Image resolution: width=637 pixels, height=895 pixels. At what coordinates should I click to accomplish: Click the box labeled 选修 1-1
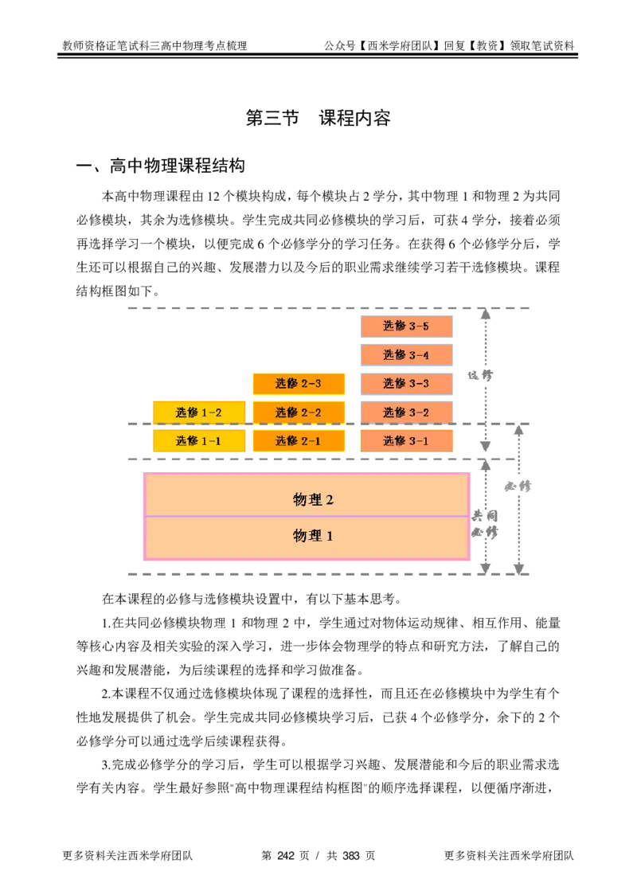coord(199,440)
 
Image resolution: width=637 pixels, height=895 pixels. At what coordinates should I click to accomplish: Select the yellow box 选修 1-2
coord(199,412)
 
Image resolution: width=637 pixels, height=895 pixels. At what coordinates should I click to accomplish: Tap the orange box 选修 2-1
coord(299,440)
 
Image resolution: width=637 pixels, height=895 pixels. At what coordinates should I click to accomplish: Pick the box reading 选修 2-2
coord(299,412)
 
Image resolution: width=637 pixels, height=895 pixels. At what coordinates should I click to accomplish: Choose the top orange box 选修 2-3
coord(299,383)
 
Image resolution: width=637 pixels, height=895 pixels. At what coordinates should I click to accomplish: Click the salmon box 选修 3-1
coord(406,440)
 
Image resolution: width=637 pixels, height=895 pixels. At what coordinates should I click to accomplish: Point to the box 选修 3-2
coord(406,412)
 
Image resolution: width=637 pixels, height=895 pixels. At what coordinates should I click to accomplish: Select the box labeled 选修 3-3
coord(406,383)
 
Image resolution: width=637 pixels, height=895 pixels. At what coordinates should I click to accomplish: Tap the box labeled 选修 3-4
coord(406,354)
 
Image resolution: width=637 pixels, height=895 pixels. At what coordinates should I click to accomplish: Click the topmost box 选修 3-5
coord(406,326)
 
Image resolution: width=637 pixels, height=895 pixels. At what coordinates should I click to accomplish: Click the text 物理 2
coord(313,499)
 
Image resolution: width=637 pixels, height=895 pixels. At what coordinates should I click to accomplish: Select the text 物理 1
coord(313,536)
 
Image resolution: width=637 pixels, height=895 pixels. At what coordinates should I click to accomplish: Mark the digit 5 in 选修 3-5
coord(425,326)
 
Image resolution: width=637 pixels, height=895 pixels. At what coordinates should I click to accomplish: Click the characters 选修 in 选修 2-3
coord(287,383)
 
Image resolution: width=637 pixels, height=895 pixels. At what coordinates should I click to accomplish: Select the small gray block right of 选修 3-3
coord(480,376)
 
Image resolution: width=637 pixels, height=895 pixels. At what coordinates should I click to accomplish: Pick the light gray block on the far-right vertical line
coord(519,487)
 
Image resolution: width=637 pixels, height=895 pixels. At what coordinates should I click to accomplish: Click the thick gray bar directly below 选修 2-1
coord(299,459)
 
